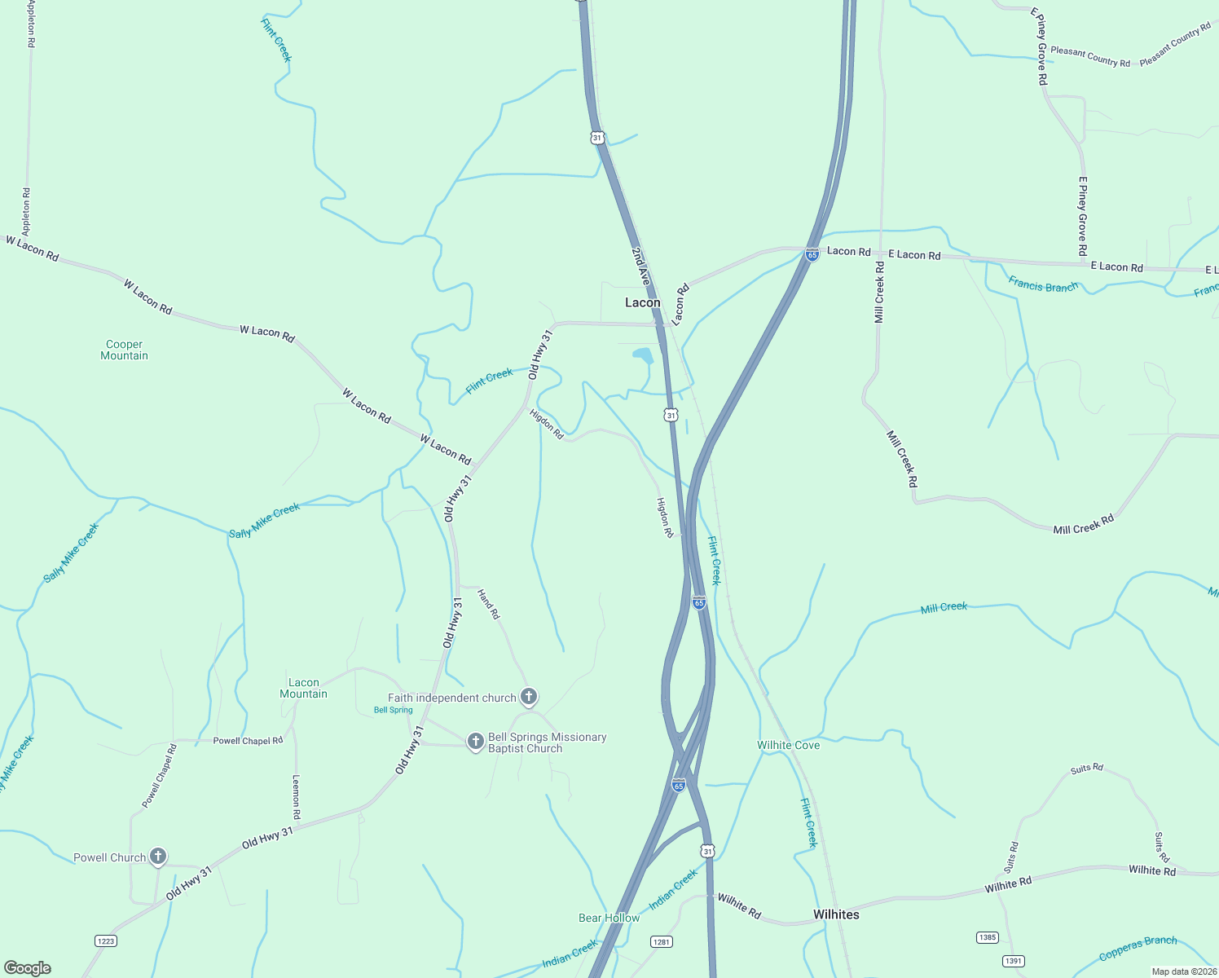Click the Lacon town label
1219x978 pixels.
point(642,302)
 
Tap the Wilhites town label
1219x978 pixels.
point(836,914)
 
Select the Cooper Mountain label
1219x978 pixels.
point(124,350)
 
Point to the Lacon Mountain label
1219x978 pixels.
point(303,689)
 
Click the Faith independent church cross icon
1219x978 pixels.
point(529,697)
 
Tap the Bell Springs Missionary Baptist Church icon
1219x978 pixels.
point(476,742)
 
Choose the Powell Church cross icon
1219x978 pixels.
point(158,857)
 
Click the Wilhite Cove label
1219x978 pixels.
point(788,745)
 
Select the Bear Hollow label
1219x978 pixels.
point(609,918)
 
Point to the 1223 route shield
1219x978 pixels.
point(106,941)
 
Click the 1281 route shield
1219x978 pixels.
point(661,941)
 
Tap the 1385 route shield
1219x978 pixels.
point(988,937)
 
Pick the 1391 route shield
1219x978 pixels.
point(1013,961)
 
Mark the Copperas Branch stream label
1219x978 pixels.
point(1138,948)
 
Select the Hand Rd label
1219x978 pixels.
point(488,604)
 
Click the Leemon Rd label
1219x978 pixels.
point(297,796)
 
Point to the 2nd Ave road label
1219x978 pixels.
point(641,267)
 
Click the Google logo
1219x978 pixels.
point(28,967)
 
